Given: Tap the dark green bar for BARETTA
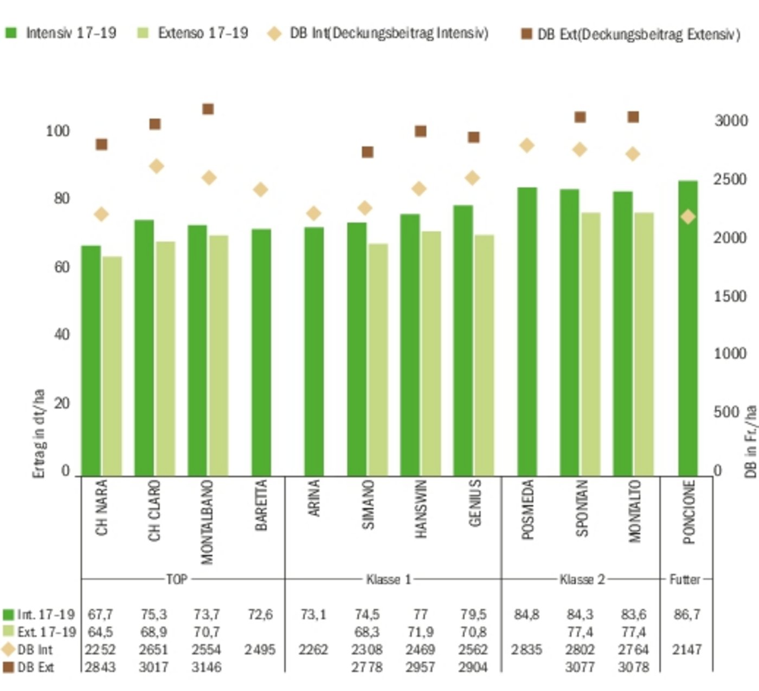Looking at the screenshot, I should (261, 352).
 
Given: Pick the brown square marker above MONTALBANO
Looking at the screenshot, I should (208, 109).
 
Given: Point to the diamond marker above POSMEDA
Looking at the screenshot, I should (527, 146).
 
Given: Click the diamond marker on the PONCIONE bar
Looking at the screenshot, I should (688, 217).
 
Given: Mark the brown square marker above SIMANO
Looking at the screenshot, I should (368, 152).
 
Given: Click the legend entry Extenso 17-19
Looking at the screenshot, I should (203, 33).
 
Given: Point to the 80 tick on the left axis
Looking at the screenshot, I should (62, 199).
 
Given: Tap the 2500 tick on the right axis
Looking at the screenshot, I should (730, 179).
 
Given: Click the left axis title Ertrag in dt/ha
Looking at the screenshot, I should (38, 433).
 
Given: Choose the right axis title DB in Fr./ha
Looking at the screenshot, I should (750, 441).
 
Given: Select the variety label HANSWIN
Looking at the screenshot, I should (421, 509).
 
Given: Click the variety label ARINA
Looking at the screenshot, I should (314, 498).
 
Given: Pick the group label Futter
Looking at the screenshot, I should (685, 579).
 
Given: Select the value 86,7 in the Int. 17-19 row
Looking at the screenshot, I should (687, 615).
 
